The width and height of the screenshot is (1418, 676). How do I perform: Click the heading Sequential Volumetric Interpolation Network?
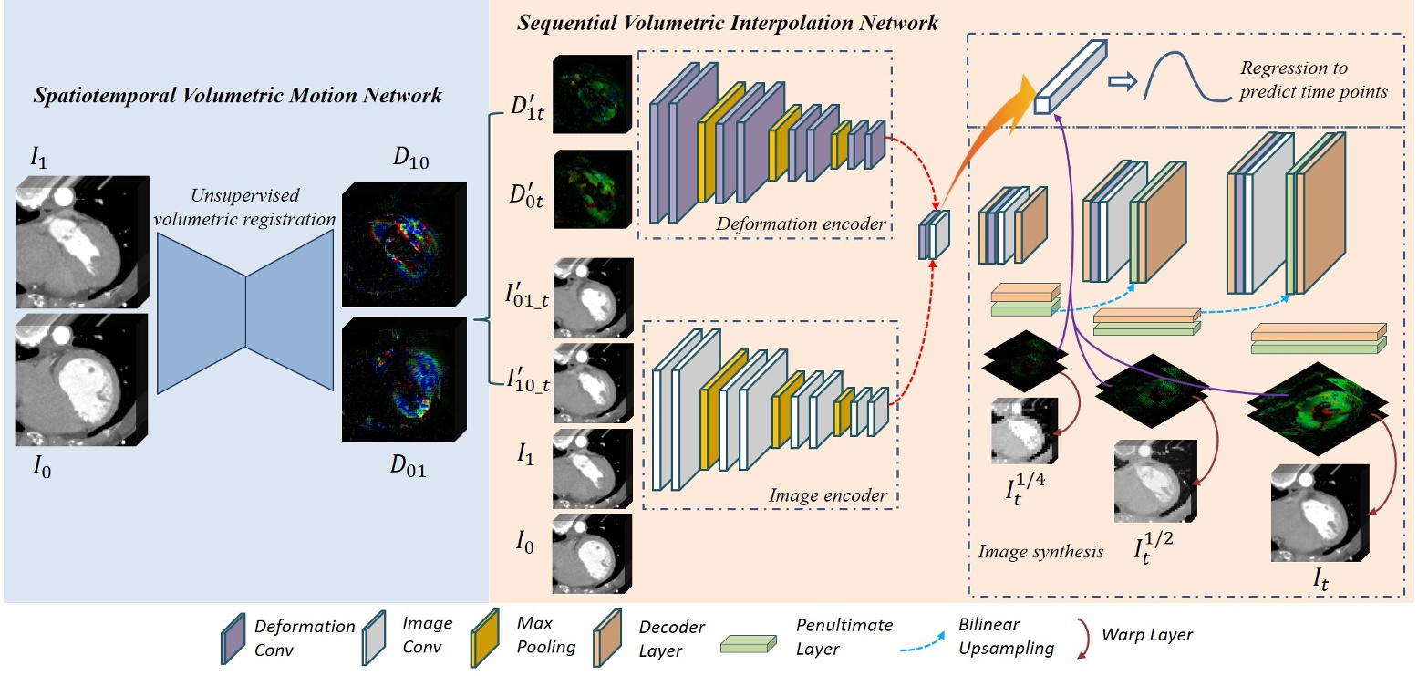727,23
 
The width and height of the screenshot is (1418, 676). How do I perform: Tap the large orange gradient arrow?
999,122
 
